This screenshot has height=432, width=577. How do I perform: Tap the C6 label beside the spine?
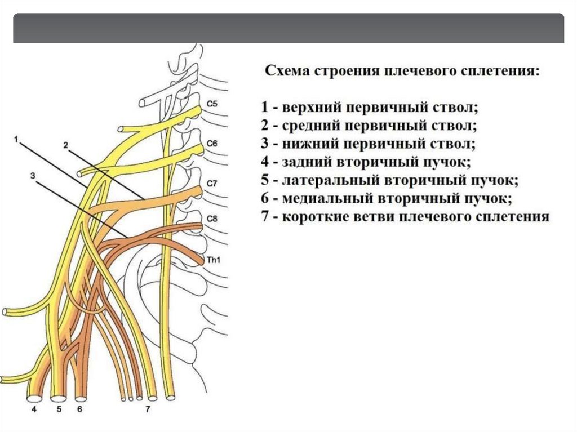[x=212, y=144]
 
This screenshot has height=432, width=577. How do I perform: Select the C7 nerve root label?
[x=212, y=184]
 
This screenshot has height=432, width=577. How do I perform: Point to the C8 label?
[x=212, y=219]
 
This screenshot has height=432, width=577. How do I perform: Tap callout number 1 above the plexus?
[x=17, y=138]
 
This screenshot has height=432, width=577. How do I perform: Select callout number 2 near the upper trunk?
[x=65, y=145]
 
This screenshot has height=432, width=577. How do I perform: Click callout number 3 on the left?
[x=33, y=176]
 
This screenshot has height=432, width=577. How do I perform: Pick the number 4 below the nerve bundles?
[x=34, y=410]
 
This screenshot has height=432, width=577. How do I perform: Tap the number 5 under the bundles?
[x=59, y=410]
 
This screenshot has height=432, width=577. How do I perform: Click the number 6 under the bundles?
[x=79, y=410]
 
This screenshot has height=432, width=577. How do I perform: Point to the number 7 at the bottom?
[x=148, y=410]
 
